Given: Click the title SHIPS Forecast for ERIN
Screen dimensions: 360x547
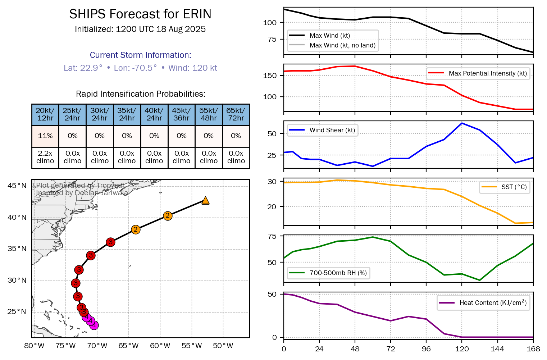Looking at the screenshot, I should tap(140, 14).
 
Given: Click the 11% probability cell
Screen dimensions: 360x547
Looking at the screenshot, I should tap(45, 136).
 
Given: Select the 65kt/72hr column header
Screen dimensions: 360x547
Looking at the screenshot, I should tap(236, 114).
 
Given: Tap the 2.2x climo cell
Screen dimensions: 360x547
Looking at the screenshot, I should tap(45, 157).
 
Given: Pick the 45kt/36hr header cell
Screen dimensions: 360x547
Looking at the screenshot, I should tap(181, 114).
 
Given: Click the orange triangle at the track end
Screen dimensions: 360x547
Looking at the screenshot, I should tap(205, 200).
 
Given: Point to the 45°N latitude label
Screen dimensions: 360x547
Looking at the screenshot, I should tap(17, 186).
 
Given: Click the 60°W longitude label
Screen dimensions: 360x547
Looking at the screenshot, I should tap(160, 346).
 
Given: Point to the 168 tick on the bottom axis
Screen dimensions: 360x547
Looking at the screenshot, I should tap(533, 349).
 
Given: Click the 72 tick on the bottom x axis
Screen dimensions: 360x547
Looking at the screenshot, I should tap(391, 349).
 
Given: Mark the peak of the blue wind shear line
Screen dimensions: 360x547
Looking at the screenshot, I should tap(462, 123).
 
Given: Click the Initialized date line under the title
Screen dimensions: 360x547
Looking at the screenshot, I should tap(140, 29).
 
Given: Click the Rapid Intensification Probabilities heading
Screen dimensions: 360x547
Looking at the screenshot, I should tap(141, 94).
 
